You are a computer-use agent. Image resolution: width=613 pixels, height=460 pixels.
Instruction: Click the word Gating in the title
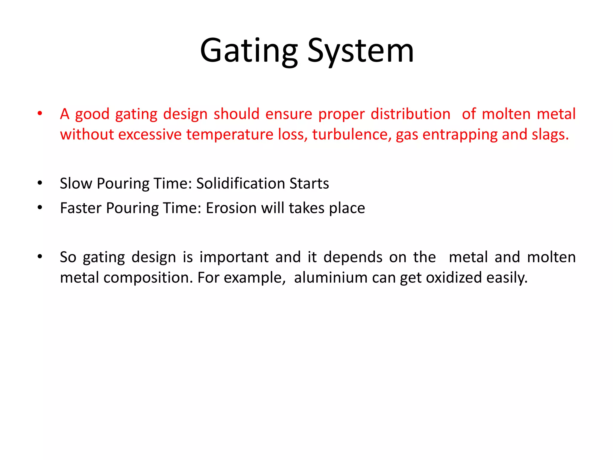pyautogui.click(x=249, y=51)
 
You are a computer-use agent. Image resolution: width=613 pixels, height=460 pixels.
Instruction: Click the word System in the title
pyautogui.click(x=361, y=51)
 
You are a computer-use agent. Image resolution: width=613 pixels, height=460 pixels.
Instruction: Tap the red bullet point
pyautogui.click(x=40, y=114)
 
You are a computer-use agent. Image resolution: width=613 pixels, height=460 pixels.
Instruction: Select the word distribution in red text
pyautogui.click(x=410, y=114)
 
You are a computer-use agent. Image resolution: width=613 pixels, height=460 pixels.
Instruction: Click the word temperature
pyautogui.click(x=230, y=134)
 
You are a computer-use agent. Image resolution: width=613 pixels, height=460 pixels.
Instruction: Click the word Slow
pyautogui.click(x=76, y=183)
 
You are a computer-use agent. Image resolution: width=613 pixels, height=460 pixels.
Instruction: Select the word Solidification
pyautogui.click(x=240, y=183)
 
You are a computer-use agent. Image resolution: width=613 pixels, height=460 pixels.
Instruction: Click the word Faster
pyautogui.click(x=81, y=208)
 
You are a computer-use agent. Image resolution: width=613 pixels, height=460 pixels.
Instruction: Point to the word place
pyautogui.click(x=347, y=208)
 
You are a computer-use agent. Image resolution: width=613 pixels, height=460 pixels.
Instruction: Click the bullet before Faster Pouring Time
pyautogui.click(x=40, y=208)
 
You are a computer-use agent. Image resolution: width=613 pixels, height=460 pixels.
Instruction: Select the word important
pyautogui.click(x=234, y=257)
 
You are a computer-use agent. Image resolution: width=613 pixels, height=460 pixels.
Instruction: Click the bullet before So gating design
pyautogui.click(x=40, y=257)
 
